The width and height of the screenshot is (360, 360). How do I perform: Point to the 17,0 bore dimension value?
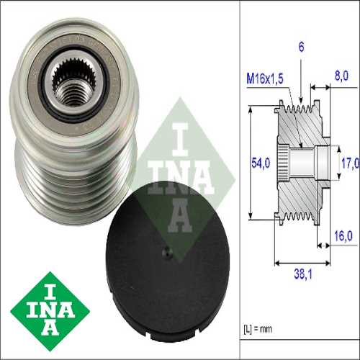[348, 163]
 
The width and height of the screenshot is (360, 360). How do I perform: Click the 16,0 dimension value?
[341, 235]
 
